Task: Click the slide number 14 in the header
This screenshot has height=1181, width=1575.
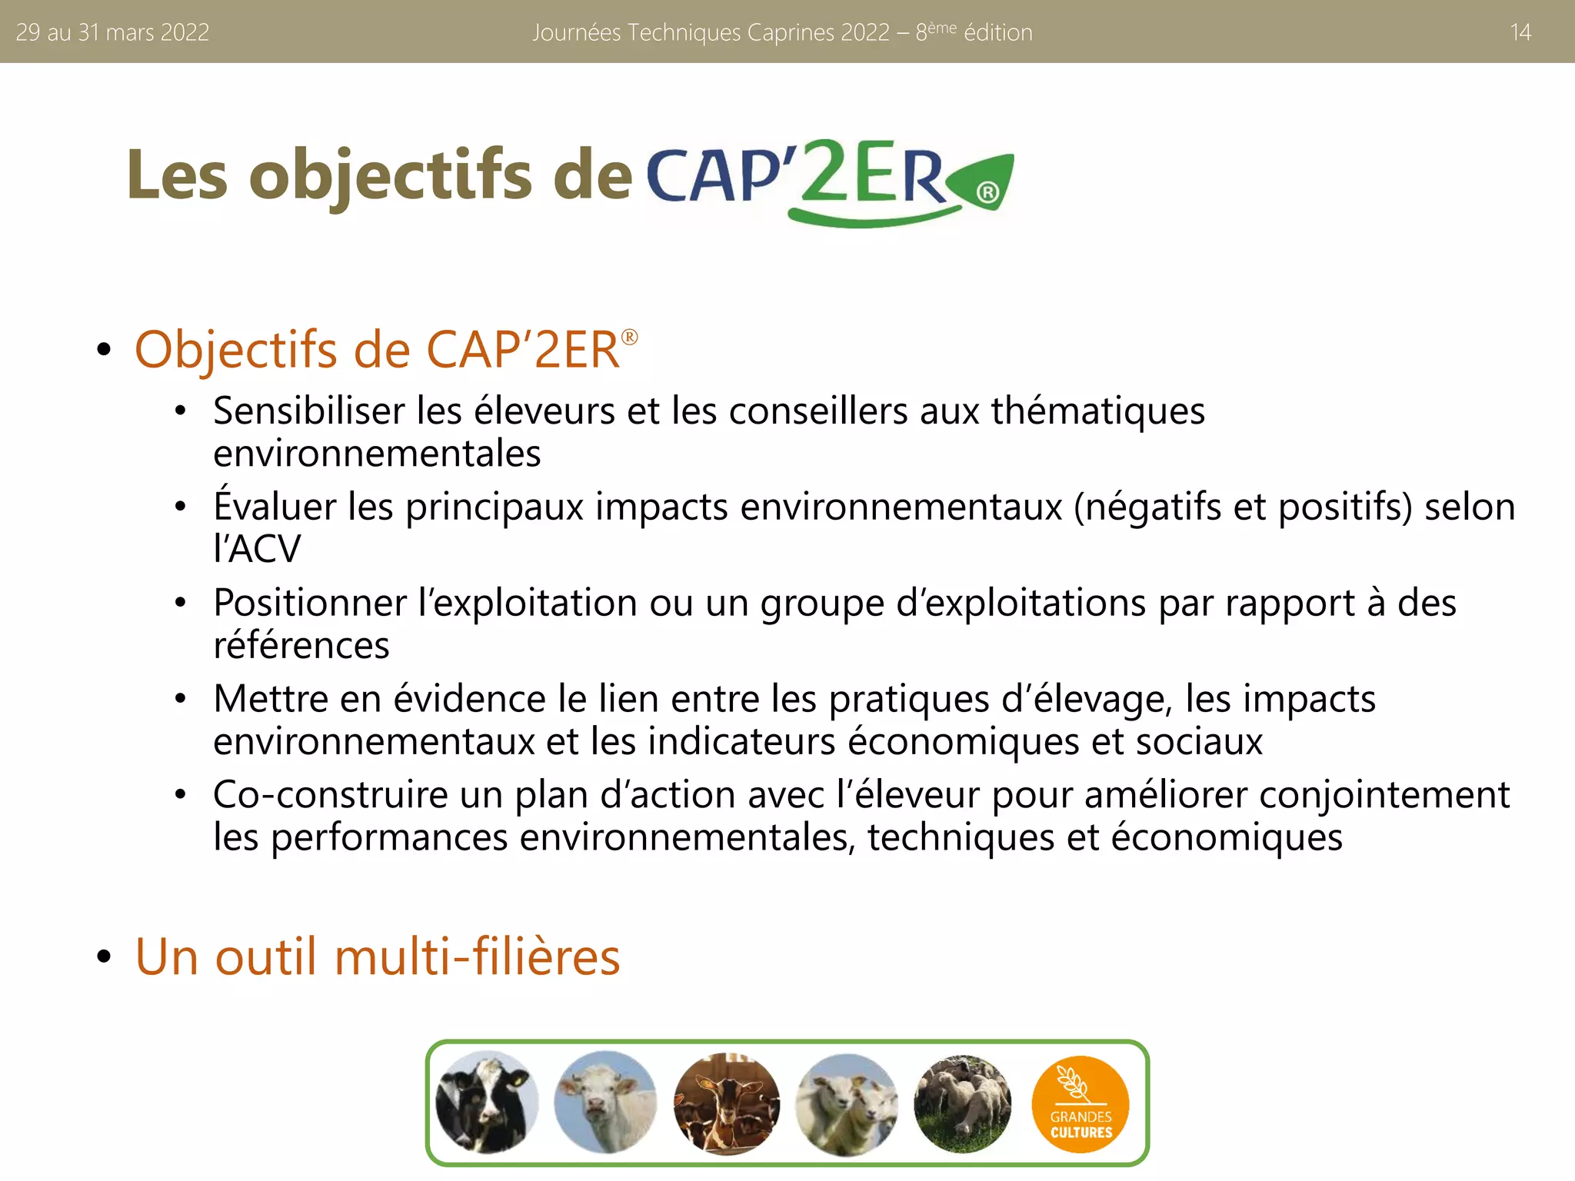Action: (1520, 32)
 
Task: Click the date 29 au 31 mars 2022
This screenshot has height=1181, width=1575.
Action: (112, 32)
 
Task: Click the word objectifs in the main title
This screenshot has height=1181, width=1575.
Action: (391, 175)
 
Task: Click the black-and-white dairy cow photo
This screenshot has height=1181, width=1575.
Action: (486, 1102)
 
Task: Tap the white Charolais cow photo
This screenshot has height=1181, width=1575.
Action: (605, 1102)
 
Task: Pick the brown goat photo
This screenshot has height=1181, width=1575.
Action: (726, 1102)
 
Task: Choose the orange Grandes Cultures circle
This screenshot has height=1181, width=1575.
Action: (1081, 1103)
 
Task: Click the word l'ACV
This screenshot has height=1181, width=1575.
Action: (257, 549)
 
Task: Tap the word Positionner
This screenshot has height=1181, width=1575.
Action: (309, 602)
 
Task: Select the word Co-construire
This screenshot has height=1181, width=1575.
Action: (330, 794)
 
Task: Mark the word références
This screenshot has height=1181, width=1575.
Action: (301, 645)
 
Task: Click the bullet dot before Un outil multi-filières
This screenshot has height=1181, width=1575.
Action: (104, 957)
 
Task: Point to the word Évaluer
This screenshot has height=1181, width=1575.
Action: (275, 506)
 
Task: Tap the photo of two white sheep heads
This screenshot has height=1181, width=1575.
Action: (846, 1102)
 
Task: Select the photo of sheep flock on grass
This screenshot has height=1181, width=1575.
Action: (963, 1102)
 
